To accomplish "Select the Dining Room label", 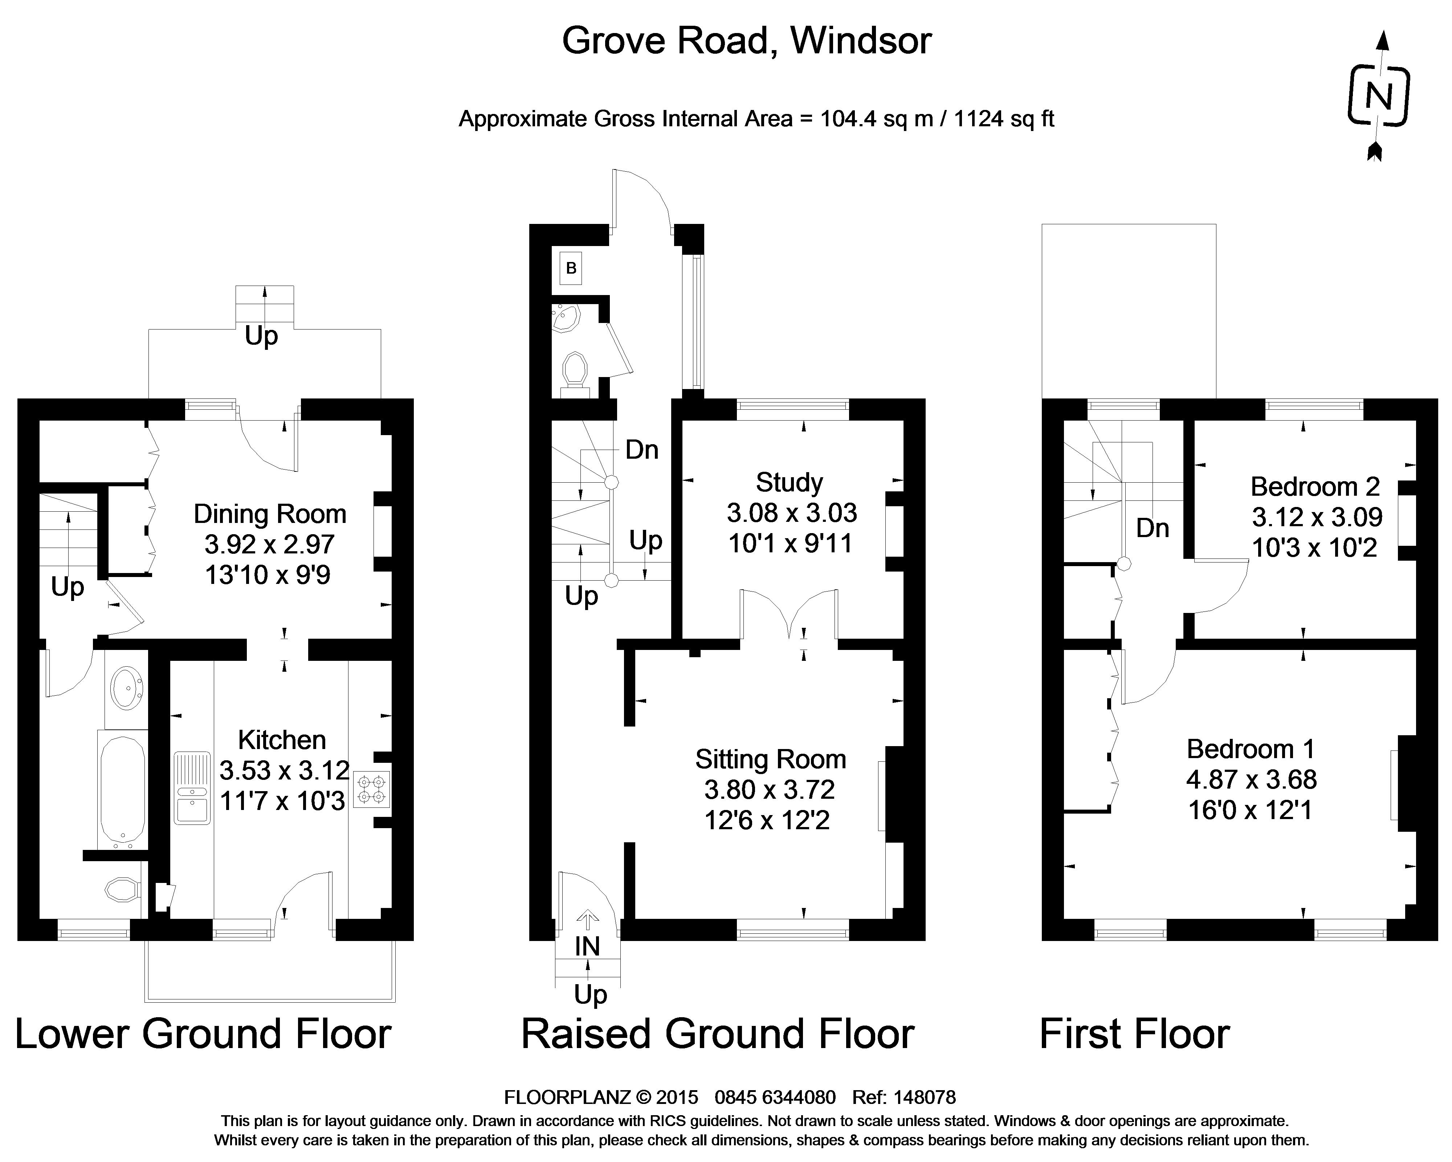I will [269, 514].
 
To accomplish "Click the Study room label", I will [789, 483].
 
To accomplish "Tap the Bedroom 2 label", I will [1315, 486].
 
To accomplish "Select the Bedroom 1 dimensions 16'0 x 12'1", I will [1250, 810].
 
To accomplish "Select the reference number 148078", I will [924, 1097].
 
